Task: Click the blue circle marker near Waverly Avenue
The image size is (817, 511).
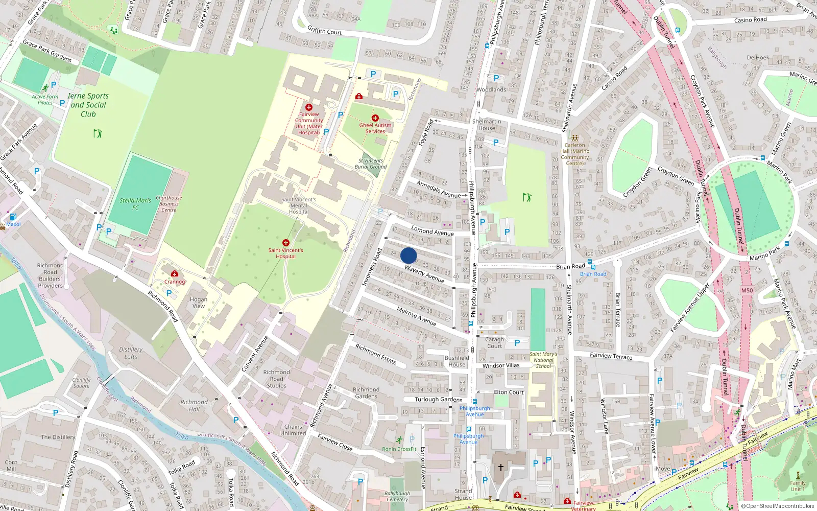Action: click(408, 255)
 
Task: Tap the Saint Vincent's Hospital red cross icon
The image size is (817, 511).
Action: click(286, 243)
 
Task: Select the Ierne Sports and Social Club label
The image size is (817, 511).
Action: click(88, 105)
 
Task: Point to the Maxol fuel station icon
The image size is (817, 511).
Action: click(13, 217)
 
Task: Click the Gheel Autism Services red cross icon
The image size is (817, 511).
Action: click(375, 118)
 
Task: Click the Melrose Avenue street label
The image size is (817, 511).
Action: click(417, 316)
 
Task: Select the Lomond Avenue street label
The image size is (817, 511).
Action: click(432, 231)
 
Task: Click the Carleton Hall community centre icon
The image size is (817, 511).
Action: click(575, 138)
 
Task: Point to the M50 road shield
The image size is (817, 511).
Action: click(747, 290)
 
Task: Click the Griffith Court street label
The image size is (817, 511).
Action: click(325, 31)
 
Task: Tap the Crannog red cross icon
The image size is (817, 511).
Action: click(175, 274)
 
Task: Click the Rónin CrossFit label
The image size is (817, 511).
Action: click(399, 449)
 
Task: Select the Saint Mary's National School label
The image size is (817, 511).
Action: click(543, 360)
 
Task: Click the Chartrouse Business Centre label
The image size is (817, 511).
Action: click(169, 203)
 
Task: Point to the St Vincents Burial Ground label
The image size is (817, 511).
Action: click(371, 164)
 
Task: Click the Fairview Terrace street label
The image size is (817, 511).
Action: click(611, 356)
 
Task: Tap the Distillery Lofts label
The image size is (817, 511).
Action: click(131, 353)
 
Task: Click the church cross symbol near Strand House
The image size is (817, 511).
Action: click(501, 467)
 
